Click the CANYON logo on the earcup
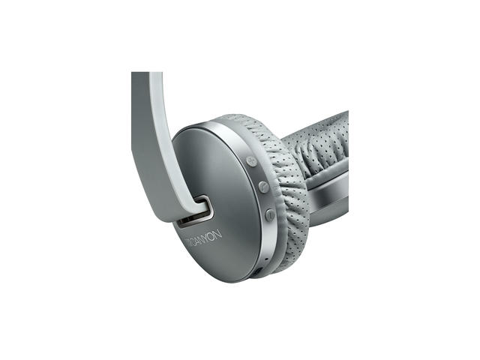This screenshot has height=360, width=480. pyautogui.click(x=204, y=238)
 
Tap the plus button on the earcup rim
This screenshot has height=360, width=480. pyautogui.click(x=251, y=160)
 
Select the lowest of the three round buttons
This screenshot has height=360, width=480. pyautogui.click(x=269, y=214)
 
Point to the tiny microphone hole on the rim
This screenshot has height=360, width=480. pyautogui.click(x=265, y=259)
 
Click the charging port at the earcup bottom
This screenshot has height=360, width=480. pyautogui.click(x=258, y=271)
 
